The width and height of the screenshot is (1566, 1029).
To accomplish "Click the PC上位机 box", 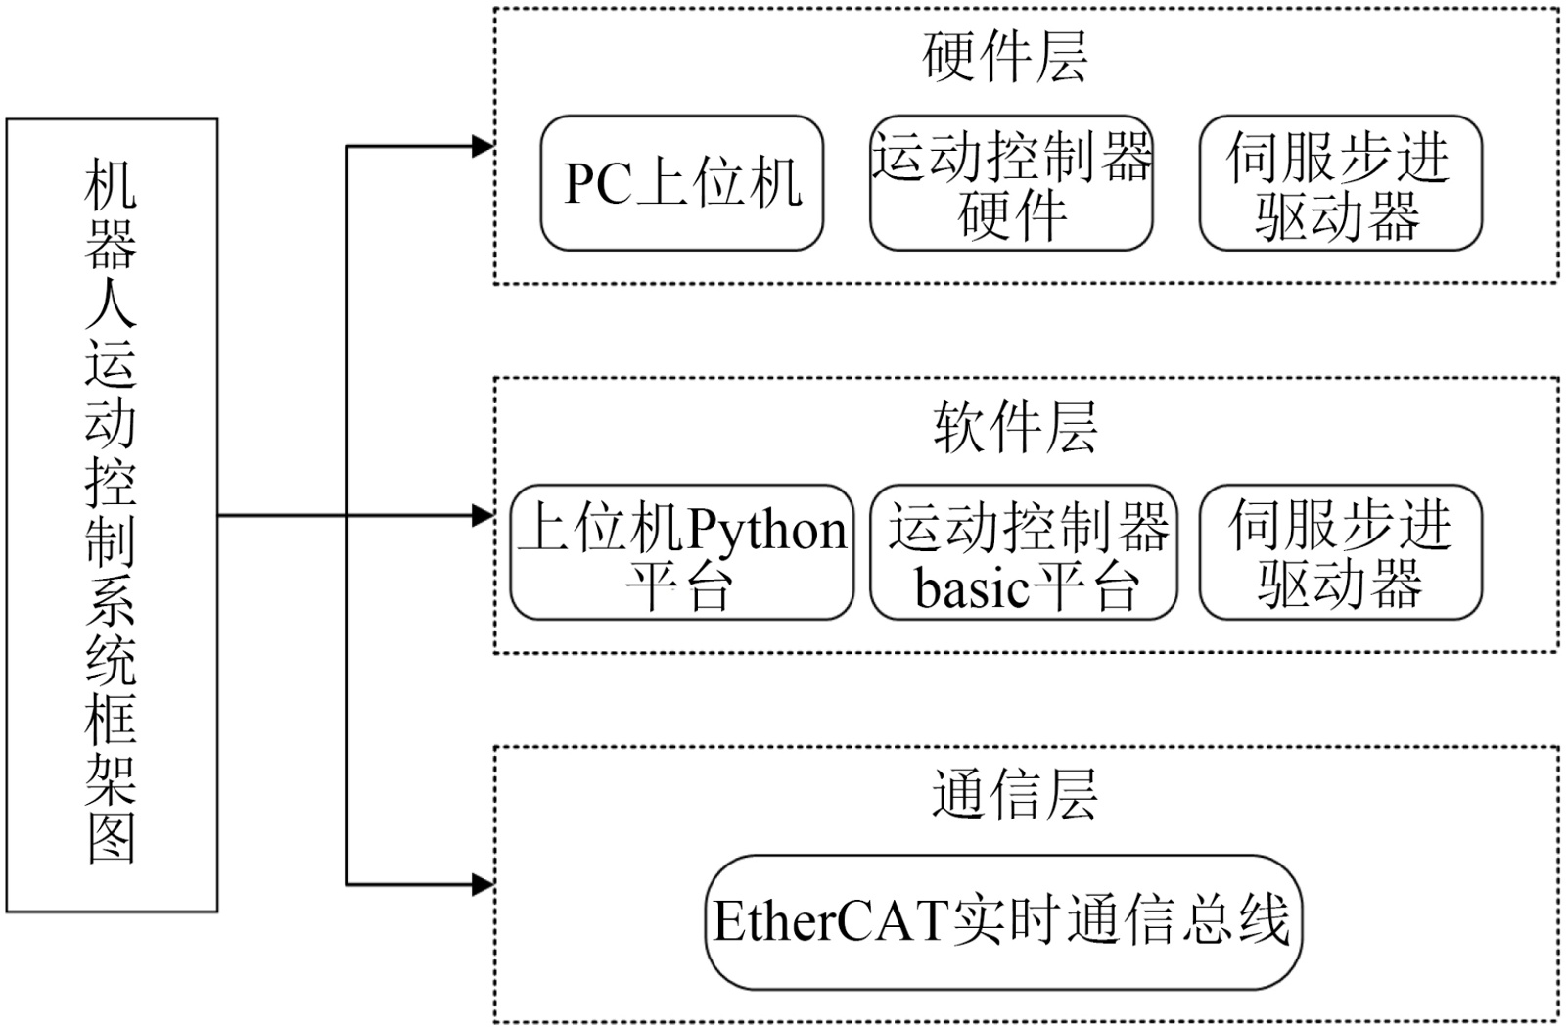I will [682, 183].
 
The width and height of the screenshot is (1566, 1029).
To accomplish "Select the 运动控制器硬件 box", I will [1011, 183].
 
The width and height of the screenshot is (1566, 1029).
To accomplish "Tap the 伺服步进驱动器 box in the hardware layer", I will [1340, 183].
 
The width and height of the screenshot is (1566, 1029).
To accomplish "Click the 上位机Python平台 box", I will [682, 552].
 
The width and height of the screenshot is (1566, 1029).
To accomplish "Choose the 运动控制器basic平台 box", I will [1023, 552].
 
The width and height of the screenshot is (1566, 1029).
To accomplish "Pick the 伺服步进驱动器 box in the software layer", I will [1340, 552].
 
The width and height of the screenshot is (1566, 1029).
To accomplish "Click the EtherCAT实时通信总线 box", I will [1003, 921].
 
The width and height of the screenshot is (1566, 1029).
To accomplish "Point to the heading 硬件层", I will [1005, 57].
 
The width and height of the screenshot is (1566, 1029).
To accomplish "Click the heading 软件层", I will [1015, 427].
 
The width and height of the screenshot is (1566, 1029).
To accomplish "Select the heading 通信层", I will [1015, 794].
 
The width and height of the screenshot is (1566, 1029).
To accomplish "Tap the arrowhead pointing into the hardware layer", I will [484, 147].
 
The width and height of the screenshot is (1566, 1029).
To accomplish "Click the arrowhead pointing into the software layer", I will [484, 516].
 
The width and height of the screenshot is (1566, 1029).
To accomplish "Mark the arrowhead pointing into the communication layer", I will [484, 885].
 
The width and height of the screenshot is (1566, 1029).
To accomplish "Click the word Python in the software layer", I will [766, 530].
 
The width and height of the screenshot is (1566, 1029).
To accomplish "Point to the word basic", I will [972, 588].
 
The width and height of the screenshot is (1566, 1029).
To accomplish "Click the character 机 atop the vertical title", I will [112, 186].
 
